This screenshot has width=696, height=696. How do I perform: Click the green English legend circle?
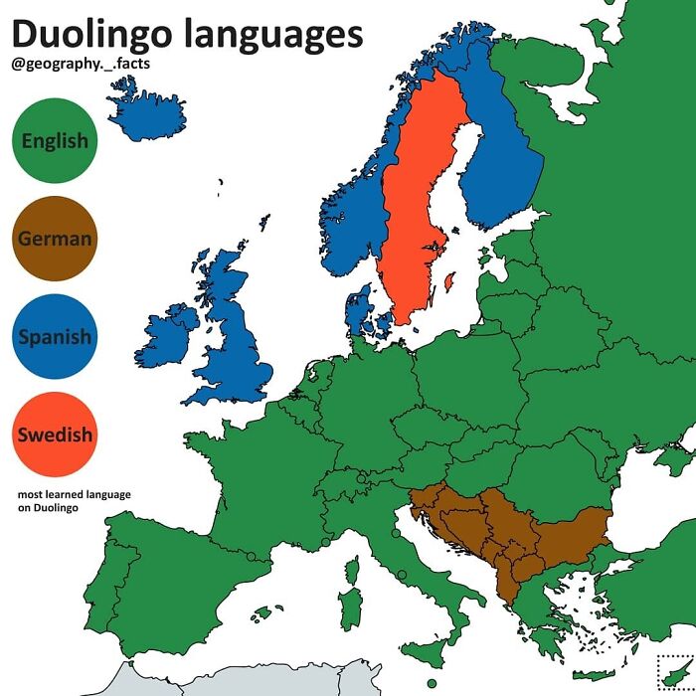[x=55, y=141]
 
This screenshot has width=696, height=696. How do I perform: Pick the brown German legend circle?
[x=55, y=239]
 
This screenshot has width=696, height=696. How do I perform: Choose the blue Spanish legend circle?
[x=55, y=336]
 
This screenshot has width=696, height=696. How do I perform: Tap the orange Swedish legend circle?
[x=55, y=435]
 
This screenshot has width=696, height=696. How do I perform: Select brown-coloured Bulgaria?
[x=572, y=532]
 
